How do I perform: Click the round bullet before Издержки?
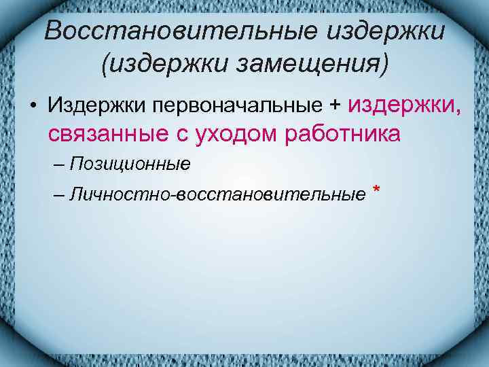[32, 107]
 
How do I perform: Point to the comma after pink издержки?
[453, 110]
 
